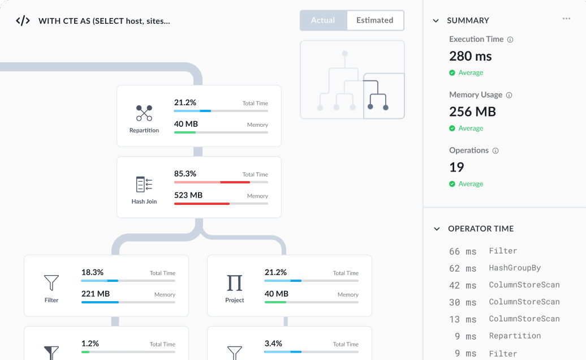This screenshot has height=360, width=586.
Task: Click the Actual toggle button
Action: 324,20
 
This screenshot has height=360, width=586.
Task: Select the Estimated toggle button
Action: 375,20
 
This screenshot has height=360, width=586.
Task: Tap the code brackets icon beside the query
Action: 23,20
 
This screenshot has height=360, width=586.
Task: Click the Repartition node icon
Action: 144,113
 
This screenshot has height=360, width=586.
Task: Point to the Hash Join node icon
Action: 144,185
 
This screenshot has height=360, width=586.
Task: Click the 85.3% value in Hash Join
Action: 185,174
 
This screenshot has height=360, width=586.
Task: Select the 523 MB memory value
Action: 188,195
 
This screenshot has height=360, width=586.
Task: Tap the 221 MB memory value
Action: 96,294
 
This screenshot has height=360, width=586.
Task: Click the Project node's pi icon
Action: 235,283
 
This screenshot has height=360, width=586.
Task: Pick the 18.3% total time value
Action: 92,272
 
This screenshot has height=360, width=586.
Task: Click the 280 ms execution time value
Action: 471,56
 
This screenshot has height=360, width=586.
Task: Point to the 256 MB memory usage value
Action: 472,112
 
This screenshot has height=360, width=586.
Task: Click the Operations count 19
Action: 456,167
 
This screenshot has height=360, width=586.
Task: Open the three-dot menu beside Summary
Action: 567,18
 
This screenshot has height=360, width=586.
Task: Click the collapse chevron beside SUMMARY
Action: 436,20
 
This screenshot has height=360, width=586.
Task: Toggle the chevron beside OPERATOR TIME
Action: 437,229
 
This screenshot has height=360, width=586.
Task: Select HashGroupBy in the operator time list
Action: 515,268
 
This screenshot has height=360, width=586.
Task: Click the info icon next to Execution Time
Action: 510,40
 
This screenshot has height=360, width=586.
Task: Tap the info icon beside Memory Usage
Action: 509,95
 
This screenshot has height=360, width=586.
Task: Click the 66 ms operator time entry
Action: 463,251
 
